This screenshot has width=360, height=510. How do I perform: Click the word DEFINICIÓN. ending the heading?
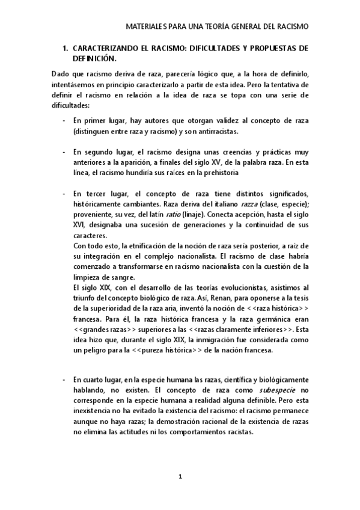click(93, 58)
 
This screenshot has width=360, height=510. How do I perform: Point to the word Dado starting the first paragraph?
click(61, 74)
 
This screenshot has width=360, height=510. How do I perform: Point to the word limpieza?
click(88, 277)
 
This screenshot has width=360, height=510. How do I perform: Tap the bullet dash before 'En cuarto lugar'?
click(64, 380)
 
